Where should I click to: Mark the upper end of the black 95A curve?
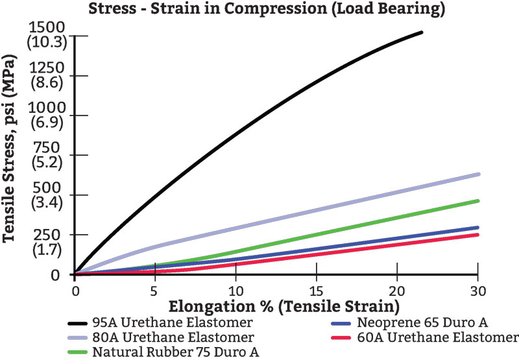tap(422, 32)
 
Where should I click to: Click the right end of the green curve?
tap(477, 201)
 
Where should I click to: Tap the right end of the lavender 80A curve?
tap(477, 174)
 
